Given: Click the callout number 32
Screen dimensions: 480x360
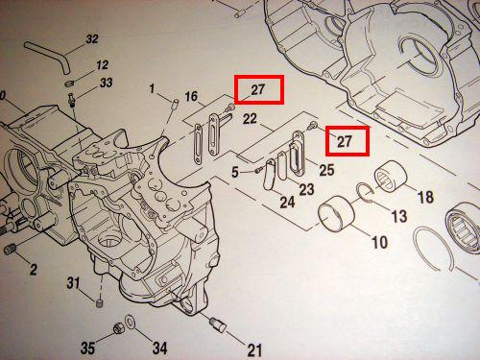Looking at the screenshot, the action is tap(92, 39).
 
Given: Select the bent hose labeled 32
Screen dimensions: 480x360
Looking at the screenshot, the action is tap(50, 55).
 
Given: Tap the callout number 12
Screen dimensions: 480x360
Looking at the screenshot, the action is tap(102, 65).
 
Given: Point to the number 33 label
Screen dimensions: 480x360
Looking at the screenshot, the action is tap(106, 83).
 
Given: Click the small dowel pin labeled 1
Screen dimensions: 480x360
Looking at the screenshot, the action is tap(175, 104).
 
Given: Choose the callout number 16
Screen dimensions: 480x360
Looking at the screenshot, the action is tap(191, 96).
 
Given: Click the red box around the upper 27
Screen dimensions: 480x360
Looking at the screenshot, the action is tap(259, 89).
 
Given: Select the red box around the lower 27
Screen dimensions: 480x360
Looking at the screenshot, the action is tap(348, 141).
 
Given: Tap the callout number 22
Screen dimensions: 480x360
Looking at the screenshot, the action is tap(250, 119).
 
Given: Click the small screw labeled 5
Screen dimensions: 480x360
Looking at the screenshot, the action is tap(258, 171).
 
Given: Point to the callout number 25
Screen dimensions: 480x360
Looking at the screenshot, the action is tap(326, 170).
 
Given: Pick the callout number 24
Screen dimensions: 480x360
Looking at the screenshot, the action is tap(287, 202).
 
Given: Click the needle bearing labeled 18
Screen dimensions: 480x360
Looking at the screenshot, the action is tap(391, 177).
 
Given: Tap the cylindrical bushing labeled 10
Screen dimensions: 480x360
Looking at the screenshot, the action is tap(336, 214).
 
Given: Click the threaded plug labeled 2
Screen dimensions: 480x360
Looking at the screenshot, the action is tap(10, 250).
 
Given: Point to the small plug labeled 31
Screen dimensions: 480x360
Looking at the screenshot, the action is tap(100, 302).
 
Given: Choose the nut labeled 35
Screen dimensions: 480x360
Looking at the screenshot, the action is tap(119, 328).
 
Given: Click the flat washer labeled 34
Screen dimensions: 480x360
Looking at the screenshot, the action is tap(131, 322).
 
